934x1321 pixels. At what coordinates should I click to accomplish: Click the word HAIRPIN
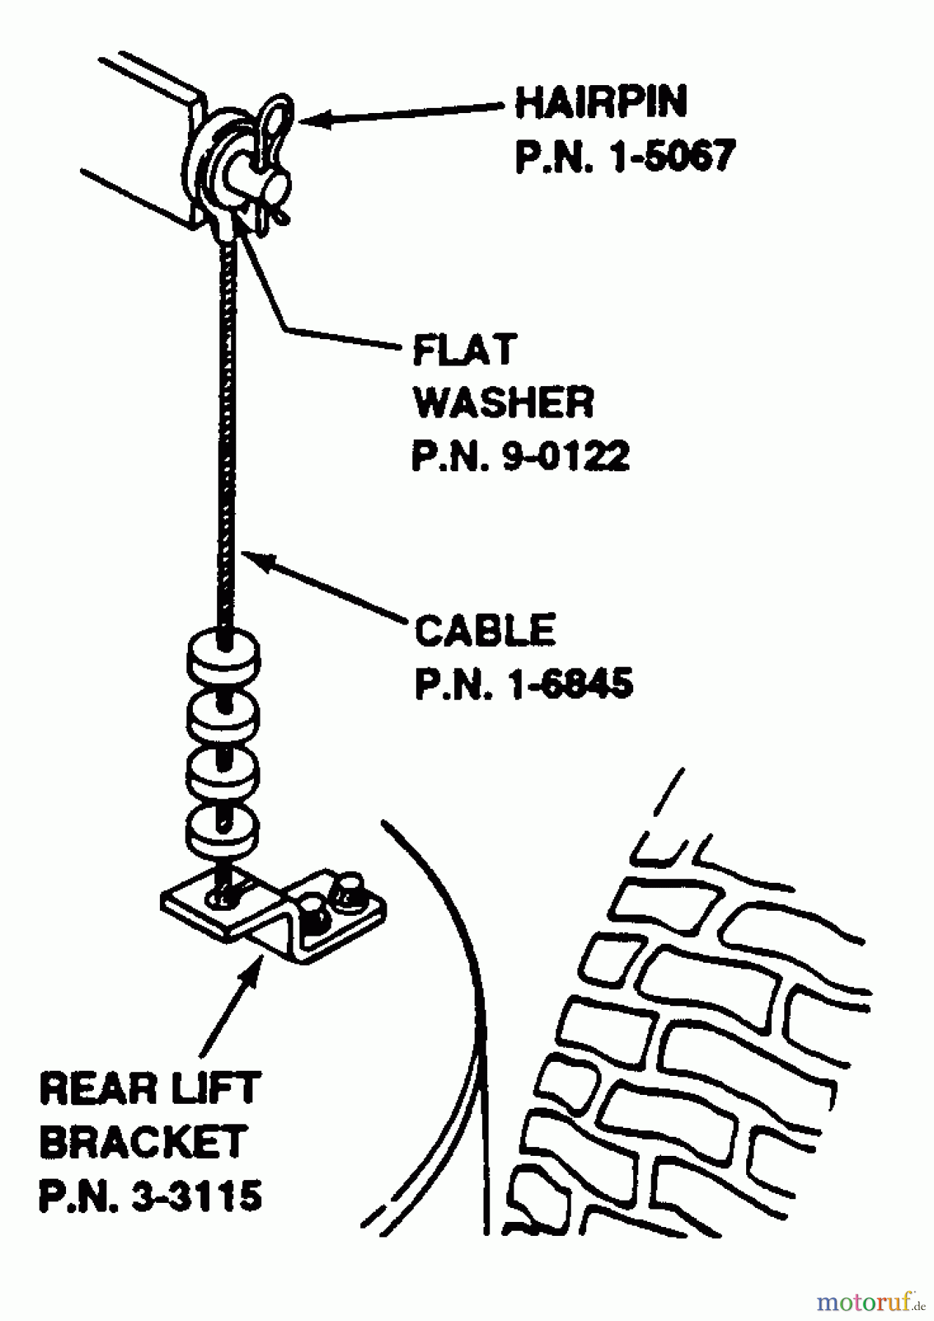[601, 103]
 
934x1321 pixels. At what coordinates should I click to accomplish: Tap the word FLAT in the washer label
[464, 350]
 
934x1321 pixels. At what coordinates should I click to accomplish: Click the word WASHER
[503, 403]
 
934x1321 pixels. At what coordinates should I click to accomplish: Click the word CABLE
[485, 632]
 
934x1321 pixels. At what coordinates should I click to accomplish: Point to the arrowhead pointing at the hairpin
[312, 120]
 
